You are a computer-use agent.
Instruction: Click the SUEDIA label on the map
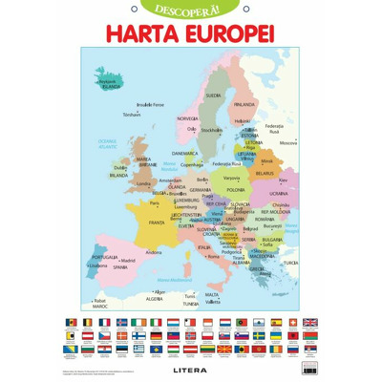pos(213,95)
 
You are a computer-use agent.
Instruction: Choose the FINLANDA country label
pos(244,104)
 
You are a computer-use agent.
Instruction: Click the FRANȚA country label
pos(157,223)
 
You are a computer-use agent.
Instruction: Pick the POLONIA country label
pos(235,190)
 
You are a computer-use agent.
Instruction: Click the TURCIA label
pos(290,263)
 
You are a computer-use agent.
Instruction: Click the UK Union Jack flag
pos(308,323)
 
